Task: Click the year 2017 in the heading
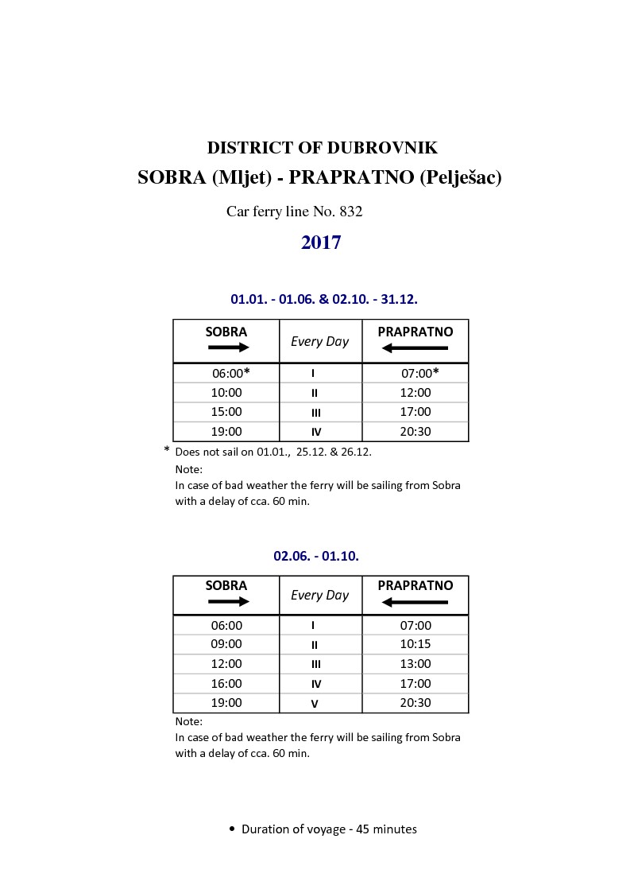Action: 321,243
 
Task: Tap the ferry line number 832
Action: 350,212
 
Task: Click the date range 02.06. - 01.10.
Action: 316,556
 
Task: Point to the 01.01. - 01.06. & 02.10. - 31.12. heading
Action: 324,299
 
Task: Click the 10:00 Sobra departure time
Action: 226,393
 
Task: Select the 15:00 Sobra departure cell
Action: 226,412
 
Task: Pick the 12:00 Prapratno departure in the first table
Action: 415,393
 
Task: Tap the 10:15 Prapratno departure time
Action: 415,644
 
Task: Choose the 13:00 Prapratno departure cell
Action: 415,664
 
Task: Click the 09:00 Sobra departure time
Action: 226,644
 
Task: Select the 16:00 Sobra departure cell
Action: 226,684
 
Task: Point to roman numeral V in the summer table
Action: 315,704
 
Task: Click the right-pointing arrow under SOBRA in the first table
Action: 228,347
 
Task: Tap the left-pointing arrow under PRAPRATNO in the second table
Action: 415,602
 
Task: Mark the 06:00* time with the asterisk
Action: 230,373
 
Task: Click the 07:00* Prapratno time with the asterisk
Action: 419,373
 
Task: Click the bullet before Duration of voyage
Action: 232,829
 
